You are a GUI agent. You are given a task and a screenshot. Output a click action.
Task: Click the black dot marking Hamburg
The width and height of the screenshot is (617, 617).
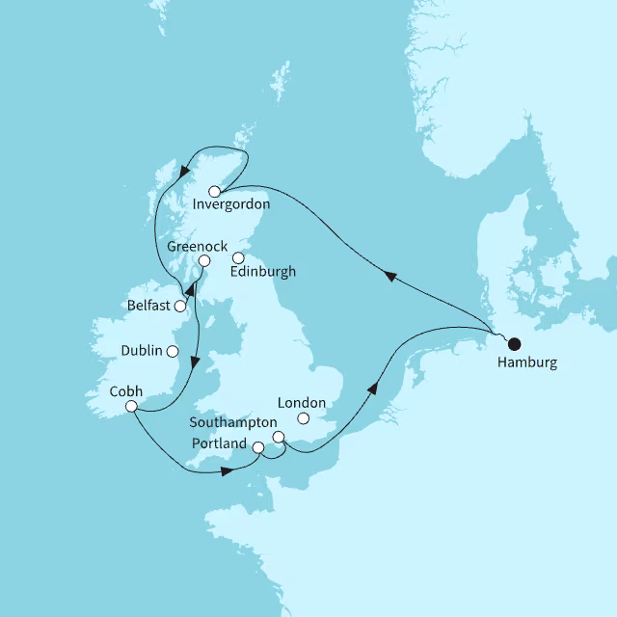point(514,342)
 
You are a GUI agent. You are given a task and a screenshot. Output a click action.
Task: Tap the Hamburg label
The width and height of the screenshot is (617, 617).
point(526,363)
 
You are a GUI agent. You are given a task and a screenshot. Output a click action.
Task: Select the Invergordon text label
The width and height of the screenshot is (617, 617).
point(231,204)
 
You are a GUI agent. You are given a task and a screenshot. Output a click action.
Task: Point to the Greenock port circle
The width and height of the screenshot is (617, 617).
point(203,261)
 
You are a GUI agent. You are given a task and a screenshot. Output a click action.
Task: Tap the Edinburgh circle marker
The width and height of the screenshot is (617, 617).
point(238,257)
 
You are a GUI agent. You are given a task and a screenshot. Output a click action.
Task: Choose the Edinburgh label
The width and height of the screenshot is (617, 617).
point(263,272)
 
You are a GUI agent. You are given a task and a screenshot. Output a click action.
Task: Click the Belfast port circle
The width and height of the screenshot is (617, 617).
point(180,307)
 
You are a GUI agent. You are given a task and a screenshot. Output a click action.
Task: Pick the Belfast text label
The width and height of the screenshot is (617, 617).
point(149,306)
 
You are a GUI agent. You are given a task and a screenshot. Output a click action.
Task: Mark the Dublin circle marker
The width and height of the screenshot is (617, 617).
point(173,352)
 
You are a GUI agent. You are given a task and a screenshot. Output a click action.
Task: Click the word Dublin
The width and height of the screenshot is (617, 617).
point(144,351)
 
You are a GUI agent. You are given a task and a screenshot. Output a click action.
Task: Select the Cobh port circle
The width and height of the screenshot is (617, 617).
point(131,408)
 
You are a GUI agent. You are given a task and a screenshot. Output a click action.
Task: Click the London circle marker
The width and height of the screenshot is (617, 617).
point(304,418)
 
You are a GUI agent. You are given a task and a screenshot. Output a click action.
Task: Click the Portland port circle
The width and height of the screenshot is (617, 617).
point(257,447)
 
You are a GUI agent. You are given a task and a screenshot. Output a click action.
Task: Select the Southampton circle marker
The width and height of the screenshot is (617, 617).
point(279,438)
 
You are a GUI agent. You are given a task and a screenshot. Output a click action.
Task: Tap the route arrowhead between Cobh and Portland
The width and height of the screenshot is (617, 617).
point(225,471)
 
